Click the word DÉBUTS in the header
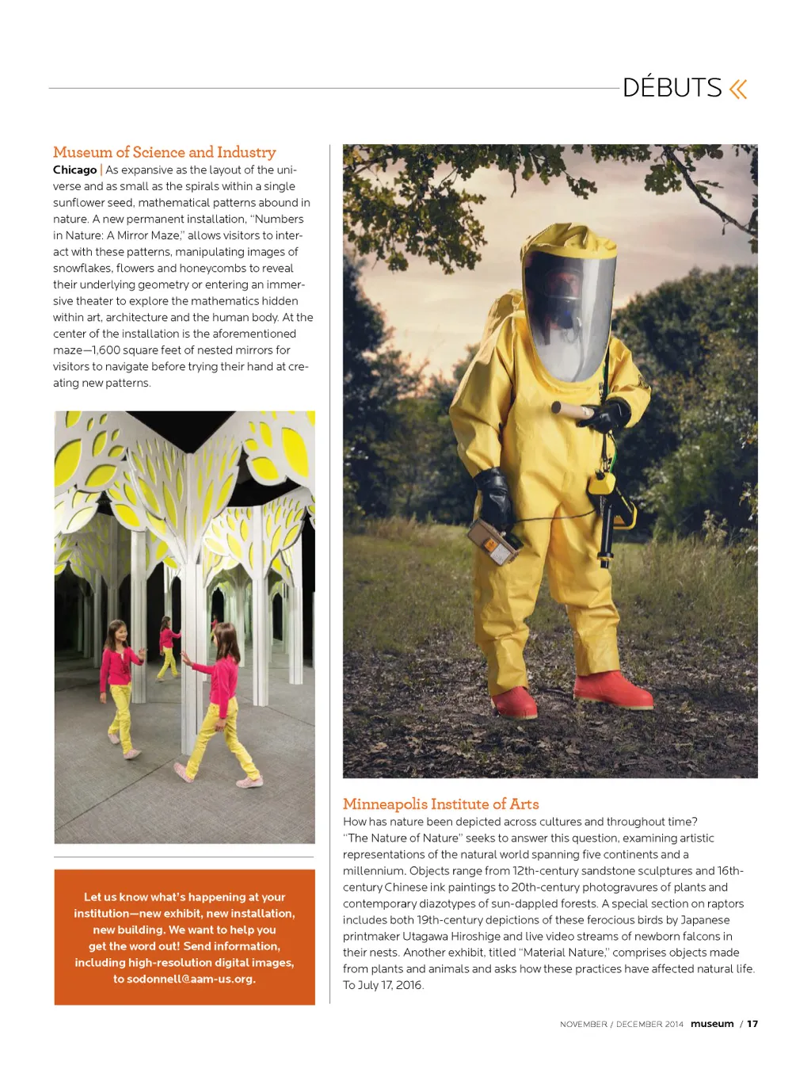[672, 88]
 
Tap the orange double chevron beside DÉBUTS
[738, 89]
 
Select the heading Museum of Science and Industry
[164, 152]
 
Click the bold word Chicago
[74, 170]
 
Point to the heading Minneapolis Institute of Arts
[440, 804]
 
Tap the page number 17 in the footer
[752, 1024]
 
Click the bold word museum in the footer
[712, 1024]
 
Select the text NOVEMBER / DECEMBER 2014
[621, 1025]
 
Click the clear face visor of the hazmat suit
[568, 313]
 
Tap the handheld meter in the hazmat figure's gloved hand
[495, 542]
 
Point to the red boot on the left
[514, 701]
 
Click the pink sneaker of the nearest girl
[250, 781]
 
